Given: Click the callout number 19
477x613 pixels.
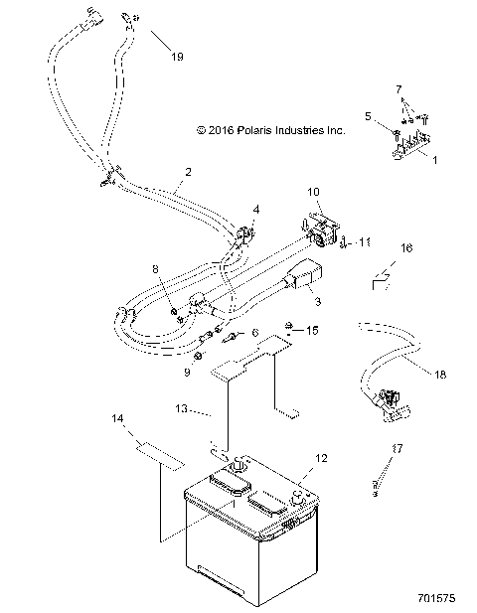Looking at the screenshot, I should (x=176, y=57).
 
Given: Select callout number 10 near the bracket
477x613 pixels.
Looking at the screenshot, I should (x=313, y=191).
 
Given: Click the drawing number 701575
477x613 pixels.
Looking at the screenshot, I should (x=439, y=600).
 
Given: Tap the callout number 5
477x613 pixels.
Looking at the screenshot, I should (x=369, y=116).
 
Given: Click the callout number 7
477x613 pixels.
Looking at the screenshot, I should (x=399, y=89).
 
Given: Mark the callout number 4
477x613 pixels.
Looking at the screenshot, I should (x=256, y=211).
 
